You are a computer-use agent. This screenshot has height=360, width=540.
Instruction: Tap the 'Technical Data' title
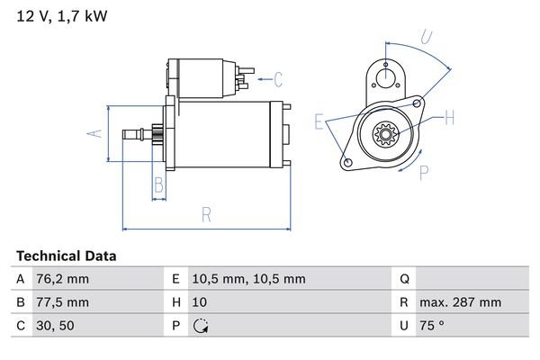click(x=66, y=256)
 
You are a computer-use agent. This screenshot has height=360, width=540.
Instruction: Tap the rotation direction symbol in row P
click(x=201, y=326)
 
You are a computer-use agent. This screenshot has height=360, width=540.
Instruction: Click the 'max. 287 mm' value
click(x=463, y=302)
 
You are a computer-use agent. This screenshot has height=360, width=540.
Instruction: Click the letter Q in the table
click(x=404, y=279)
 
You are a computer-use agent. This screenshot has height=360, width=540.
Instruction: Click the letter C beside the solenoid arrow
click(x=278, y=78)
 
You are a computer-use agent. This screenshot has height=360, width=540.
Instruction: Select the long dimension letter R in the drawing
click(x=205, y=215)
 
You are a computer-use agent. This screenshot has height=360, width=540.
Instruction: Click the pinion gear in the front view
click(x=386, y=136)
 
